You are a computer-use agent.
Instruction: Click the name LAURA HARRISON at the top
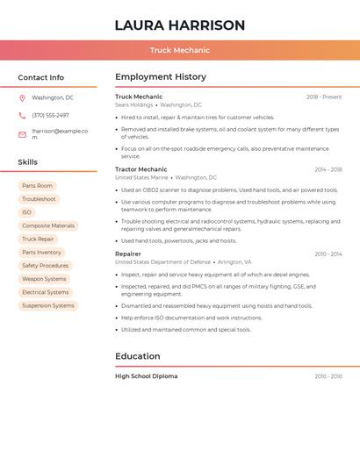180,25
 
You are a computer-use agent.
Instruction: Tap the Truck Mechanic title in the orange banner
180,51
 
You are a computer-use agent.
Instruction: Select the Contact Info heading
41,77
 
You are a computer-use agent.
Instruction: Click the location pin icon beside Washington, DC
22,97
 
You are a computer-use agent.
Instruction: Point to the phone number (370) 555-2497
50,115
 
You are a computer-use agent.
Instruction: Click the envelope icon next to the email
22,134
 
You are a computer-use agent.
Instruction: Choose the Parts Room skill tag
38,186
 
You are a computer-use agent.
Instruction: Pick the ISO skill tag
26,212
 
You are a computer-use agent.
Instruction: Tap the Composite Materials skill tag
48,225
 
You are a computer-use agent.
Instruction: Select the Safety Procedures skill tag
45,265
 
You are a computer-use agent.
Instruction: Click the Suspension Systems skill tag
48,305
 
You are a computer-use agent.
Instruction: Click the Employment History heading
161,77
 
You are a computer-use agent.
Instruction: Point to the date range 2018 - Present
324,97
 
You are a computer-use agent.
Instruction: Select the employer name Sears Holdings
133,104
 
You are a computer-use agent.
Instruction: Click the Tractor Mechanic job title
140,169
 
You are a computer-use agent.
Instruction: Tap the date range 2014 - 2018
328,169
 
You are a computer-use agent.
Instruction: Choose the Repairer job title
127,254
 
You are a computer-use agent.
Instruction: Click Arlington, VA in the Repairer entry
234,261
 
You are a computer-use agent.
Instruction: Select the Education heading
138,356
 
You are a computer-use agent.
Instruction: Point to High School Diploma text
146,376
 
